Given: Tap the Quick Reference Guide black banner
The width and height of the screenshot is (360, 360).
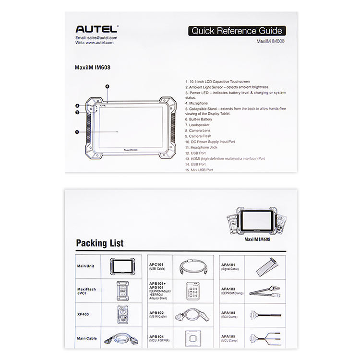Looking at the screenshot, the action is pos(237,31).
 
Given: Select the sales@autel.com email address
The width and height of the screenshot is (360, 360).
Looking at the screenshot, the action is pos(96,37).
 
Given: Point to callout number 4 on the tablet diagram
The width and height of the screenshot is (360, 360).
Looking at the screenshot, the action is pos(108,86).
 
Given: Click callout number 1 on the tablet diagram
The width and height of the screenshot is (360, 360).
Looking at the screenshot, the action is pos(77,131).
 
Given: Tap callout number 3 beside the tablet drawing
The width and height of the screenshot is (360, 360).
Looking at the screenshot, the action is pos(77,106).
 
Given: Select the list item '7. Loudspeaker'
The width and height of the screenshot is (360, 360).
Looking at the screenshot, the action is pos(200,125).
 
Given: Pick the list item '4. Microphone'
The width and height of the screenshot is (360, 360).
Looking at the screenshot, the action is pos(197,103).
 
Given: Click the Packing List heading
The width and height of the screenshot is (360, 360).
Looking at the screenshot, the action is pos(99,243).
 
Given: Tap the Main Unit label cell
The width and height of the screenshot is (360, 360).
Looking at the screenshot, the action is pos(87,266).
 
